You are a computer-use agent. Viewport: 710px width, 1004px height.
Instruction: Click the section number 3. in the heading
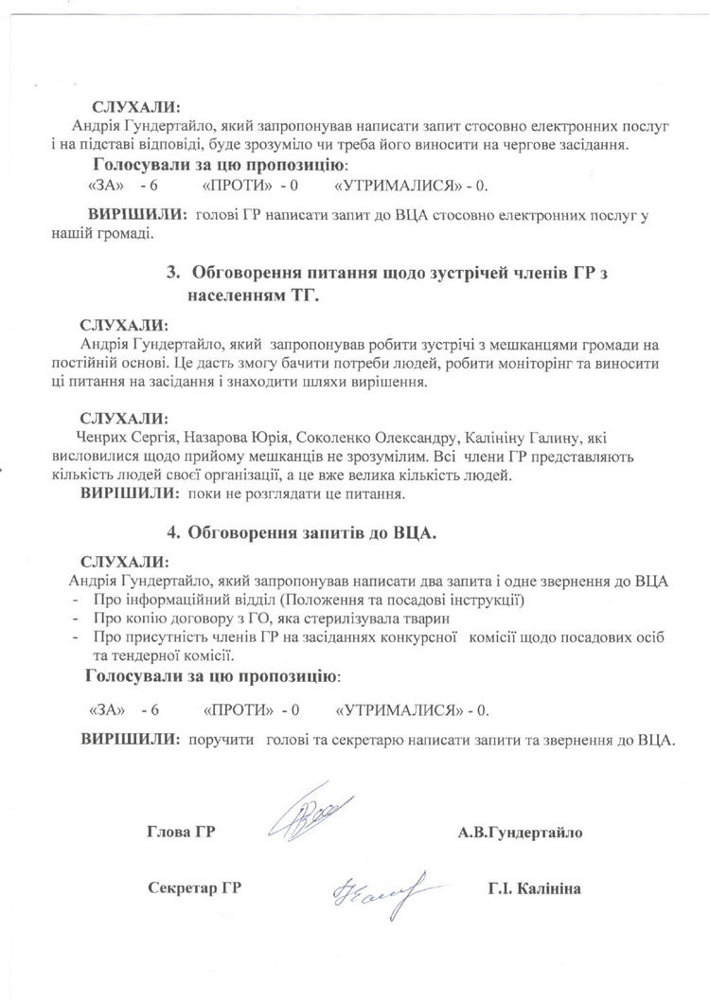tap(173, 273)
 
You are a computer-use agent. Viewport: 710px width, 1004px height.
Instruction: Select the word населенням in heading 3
tap(235, 297)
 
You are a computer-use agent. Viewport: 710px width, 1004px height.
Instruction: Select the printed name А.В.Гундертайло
tap(520, 833)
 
